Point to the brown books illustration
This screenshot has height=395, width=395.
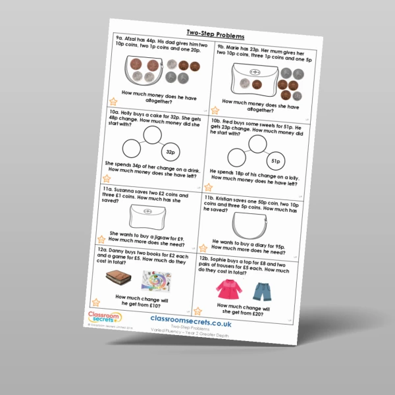[x=119, y=276]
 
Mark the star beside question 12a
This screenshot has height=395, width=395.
[x=96, y=302]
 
